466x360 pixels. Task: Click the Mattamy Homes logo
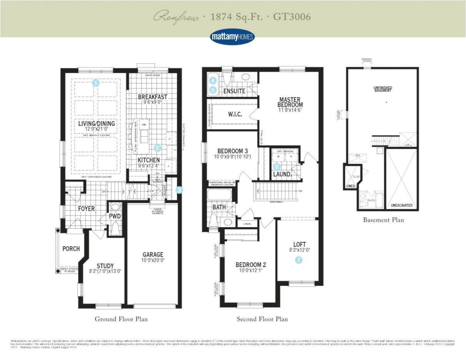[233, 37]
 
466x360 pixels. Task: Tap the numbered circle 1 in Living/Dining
[96, 83]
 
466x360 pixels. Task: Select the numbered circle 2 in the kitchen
[157, 148]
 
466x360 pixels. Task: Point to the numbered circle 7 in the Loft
[299, 260]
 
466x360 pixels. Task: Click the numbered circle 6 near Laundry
[277, 167]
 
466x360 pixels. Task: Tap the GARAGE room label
[153, 254]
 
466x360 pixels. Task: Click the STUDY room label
[105, 266]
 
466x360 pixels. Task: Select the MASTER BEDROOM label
[291, 102]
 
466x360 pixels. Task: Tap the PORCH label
[71, 249]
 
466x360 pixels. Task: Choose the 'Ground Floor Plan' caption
[121, 319]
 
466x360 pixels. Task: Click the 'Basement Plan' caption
[383, 220]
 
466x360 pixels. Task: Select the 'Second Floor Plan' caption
[262, 319]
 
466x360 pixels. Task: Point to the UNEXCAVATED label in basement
[401, 206]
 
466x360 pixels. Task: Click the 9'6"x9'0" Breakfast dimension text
[153, 103]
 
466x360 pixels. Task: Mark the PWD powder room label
[115, 216]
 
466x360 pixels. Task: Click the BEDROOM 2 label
[251, 265]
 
